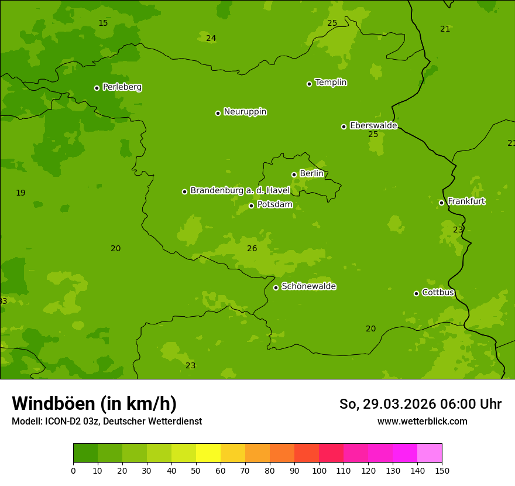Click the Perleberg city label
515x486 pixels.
coord(122,87)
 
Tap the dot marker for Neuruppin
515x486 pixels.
coord(218,113)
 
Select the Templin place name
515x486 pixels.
coord(331,83)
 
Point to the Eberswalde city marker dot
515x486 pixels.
coord(344,126)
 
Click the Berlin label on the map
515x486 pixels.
coord(311,174)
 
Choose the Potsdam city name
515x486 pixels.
coord(274,204)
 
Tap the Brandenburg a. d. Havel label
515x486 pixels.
coord(240,191)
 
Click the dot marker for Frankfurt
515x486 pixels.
coord(441,203)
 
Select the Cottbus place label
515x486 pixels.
coord(438,292)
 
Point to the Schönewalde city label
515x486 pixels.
coord(308,286)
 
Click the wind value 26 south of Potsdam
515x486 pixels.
coord(252,249)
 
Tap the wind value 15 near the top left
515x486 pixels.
coord(103,23)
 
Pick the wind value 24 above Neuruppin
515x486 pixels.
coord(211,39)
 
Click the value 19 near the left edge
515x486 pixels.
coord(20,193)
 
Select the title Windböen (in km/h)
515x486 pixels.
coord(94,403)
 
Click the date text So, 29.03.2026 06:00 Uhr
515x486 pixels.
coord(420,404)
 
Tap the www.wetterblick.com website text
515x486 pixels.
coord(422,422)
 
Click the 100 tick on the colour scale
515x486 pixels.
coord(319,470)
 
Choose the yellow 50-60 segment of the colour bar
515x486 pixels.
coord(208,453)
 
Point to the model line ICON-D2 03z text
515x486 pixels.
coord(107,422)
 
